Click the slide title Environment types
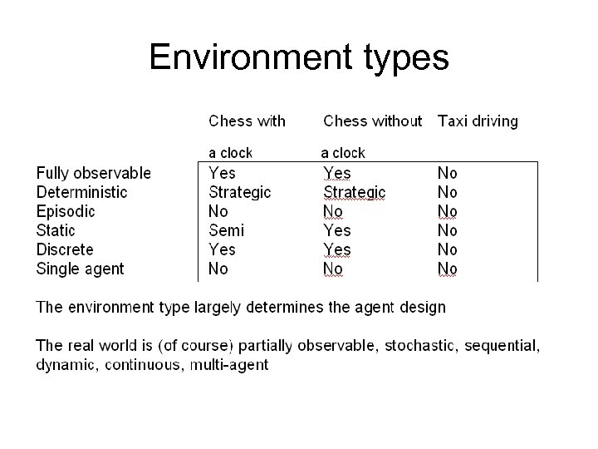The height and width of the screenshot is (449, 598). (299, 57)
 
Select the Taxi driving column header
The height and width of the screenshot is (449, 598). (478, 121)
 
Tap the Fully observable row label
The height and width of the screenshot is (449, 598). (94, 173)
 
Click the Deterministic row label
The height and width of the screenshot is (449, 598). (82, 192)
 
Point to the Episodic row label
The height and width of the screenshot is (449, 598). (66, 211)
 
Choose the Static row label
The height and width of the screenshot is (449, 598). (56, 230)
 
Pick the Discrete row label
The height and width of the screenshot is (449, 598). (65, 249)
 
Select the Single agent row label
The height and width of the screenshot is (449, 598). (80, 269)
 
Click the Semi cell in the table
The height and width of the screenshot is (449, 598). (226, 230)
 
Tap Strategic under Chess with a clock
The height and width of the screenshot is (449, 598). (240, 192)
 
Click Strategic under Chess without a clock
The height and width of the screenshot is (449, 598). (355, 192)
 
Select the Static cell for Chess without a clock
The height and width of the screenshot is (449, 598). (337, 230)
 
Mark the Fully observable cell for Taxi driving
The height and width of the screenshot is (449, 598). (448, 173)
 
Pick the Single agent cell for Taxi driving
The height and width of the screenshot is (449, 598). (448, 269)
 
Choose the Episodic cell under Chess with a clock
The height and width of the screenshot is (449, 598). (218, 211)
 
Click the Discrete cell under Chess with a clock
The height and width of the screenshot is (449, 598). (222, 249)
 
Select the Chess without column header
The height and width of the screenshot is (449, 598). (372, 121)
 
